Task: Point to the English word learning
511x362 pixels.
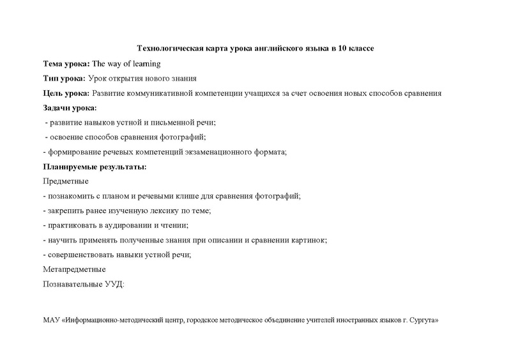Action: (144, 64)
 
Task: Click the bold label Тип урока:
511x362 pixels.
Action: (63, 79)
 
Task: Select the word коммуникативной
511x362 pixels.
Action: (167, 93)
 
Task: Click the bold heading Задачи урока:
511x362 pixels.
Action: (69, 108)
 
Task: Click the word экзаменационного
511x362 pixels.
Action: (209, 152)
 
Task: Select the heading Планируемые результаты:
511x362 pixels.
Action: (94, 166)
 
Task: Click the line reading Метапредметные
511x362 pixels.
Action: (73, 269)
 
